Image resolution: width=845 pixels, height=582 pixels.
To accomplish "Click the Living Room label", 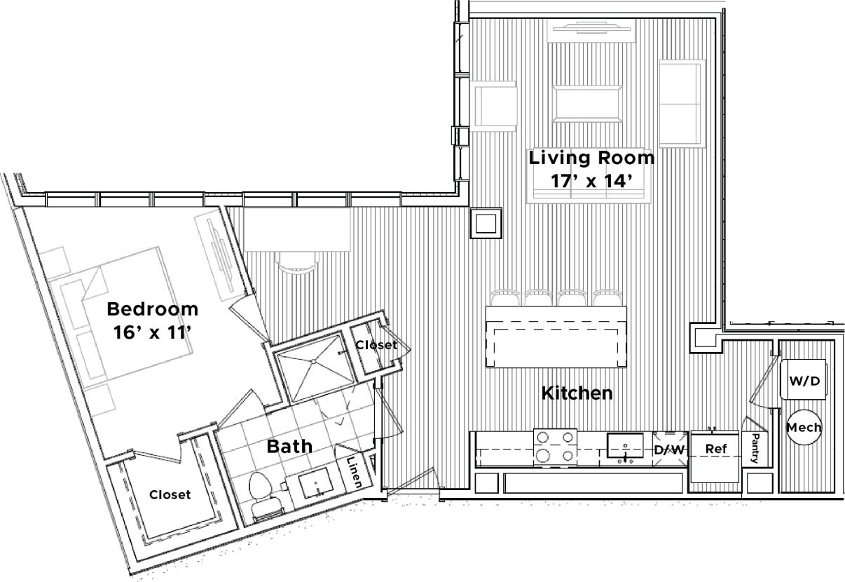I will (x=591, y=158).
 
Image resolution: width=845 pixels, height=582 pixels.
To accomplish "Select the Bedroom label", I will (x=152, y=309).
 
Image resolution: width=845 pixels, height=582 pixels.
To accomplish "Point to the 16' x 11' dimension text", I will (x=152, y=332).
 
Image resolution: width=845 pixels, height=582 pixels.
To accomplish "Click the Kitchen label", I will (x=577, y=393).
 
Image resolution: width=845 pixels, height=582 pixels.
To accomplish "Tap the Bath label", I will (x=289, y=445).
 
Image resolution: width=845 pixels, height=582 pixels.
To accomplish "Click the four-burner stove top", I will (x=555, y=447).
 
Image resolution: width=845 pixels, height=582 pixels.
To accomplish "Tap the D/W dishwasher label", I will (x=669, y=449).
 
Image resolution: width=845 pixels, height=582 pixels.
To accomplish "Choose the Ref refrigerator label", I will (x=715, y=449).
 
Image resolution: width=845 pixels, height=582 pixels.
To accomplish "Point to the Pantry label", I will (x=755, y=448).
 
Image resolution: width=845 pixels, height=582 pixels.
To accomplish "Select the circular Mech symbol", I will (x=804, y=427).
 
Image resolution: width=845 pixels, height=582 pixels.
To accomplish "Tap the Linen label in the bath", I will (x=355, y=471).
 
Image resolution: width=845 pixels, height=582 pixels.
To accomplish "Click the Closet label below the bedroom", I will (x=170, y=494).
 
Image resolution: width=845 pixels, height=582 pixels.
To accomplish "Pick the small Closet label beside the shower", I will (x=376, y=345).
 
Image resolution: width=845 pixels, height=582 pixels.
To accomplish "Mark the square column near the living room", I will (x=486, y=223).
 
